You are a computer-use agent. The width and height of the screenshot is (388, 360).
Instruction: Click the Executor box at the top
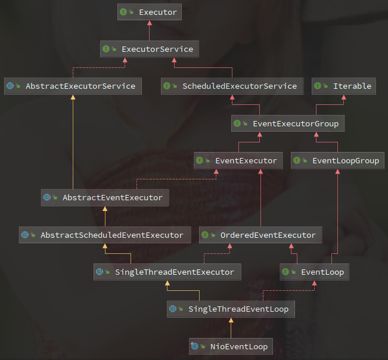(150, 12)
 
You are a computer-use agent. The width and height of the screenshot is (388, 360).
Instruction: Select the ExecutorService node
(149, 49)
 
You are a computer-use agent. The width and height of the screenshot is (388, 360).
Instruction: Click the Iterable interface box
(344, 86)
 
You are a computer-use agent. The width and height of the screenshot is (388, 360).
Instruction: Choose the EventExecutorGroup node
(287, 123)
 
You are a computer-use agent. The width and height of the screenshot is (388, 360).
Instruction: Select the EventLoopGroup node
(337, 160)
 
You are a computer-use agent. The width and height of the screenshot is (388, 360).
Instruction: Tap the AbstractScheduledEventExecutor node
(104, 235)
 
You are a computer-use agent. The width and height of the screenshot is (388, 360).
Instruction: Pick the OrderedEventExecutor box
(260, 235)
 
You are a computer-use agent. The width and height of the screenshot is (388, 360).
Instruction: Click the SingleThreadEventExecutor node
(167, 272)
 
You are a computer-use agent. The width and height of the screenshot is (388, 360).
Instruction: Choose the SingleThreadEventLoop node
(230, 309)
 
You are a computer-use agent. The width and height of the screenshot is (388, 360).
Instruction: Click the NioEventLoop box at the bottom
(230, 346)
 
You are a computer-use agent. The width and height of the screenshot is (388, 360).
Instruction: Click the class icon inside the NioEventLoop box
(194, 346)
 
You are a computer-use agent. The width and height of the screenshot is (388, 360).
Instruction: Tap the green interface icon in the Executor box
(123, 12)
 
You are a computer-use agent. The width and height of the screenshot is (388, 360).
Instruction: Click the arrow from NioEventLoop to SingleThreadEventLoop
(230, 328)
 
